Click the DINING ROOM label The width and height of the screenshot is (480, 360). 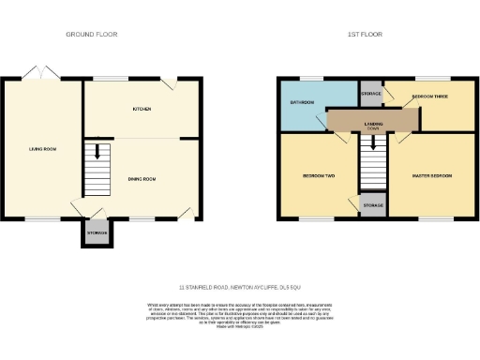(x=141, y=178)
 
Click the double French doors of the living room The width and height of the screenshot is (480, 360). (x=40, y=73)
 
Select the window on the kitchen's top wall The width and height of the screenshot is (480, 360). (x=116, y=79)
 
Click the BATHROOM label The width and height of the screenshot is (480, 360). (x=302, y=102)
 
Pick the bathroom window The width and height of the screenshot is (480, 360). (x=310, y=79)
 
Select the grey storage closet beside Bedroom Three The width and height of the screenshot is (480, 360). (x=371, y=95)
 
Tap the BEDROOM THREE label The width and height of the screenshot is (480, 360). (x=427, y=97)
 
